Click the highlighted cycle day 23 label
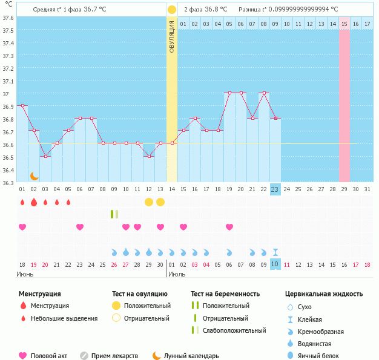(x=275, y=189)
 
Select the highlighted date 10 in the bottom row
(x=275, y=264)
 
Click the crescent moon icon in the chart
(x=35, y=175)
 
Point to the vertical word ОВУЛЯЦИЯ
(x=172, y=37)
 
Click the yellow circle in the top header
(x=172, y=10)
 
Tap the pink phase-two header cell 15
(x=344, y=24)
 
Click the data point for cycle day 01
(x=22, y=105)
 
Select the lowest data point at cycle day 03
(x=45, y=156)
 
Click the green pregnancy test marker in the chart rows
(x=114, y=214)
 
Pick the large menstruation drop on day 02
(x=34, y=201)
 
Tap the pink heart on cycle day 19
(x=229, y=227)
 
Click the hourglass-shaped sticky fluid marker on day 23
(x=275, y=252)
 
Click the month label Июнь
(x=25, y=274)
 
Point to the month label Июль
(x=176, y=274)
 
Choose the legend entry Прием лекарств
(x=114, y=356)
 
